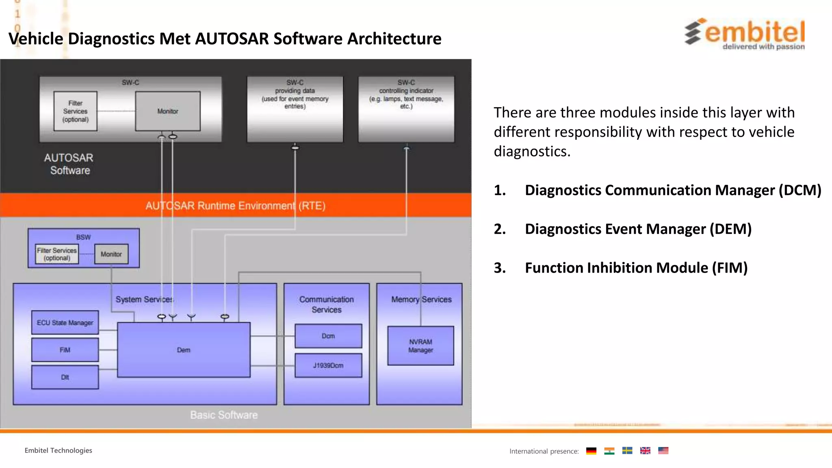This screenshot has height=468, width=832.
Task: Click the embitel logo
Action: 745,34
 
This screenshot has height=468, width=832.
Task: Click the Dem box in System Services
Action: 184,350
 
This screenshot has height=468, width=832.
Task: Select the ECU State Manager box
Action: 65,323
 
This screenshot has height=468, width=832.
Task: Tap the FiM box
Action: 65,350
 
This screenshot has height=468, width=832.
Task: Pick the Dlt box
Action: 65,377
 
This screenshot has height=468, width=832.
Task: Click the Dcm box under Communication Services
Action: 328,336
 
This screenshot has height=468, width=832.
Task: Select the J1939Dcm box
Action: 328,365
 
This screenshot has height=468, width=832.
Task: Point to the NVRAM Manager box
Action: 420,346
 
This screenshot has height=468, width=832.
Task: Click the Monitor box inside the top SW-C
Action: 168,111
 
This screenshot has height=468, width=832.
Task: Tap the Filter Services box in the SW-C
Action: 76,111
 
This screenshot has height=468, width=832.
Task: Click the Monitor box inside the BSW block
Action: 111,254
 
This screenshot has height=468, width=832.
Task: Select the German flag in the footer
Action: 591,451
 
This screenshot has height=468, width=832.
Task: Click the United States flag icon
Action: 663,451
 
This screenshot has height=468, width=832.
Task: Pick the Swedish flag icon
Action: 627,451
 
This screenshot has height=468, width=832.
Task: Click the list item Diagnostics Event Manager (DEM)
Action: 638,229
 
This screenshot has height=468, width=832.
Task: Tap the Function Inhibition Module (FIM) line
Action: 636,268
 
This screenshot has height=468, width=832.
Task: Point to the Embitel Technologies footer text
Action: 58,450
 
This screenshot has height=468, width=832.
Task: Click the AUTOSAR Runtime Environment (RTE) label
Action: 236,206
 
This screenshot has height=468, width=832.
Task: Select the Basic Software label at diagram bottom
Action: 224,415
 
